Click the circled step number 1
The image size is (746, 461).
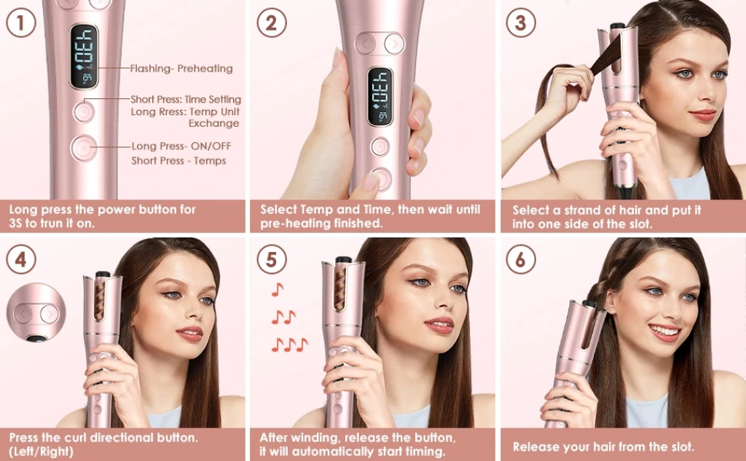pos(21,23)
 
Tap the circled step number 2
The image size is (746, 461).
pos(271,23)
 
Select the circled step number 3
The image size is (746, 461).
pos(521,23)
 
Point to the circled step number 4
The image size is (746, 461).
pos(21,259)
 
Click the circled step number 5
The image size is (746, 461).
pos(271,259)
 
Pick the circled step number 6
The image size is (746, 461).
pos(521,259)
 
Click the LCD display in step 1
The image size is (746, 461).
pos(84,57)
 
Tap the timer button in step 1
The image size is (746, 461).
pos(84,112)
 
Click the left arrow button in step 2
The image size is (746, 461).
pos(366,44)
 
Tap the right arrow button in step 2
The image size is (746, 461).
pos(394,44)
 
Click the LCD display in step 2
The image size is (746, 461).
pos(380,97)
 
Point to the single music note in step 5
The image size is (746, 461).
pos(278,289)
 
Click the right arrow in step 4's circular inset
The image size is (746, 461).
pos(49,313)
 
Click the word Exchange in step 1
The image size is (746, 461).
pos(213,123)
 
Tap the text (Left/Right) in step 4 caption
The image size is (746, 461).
pos(42,451)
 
